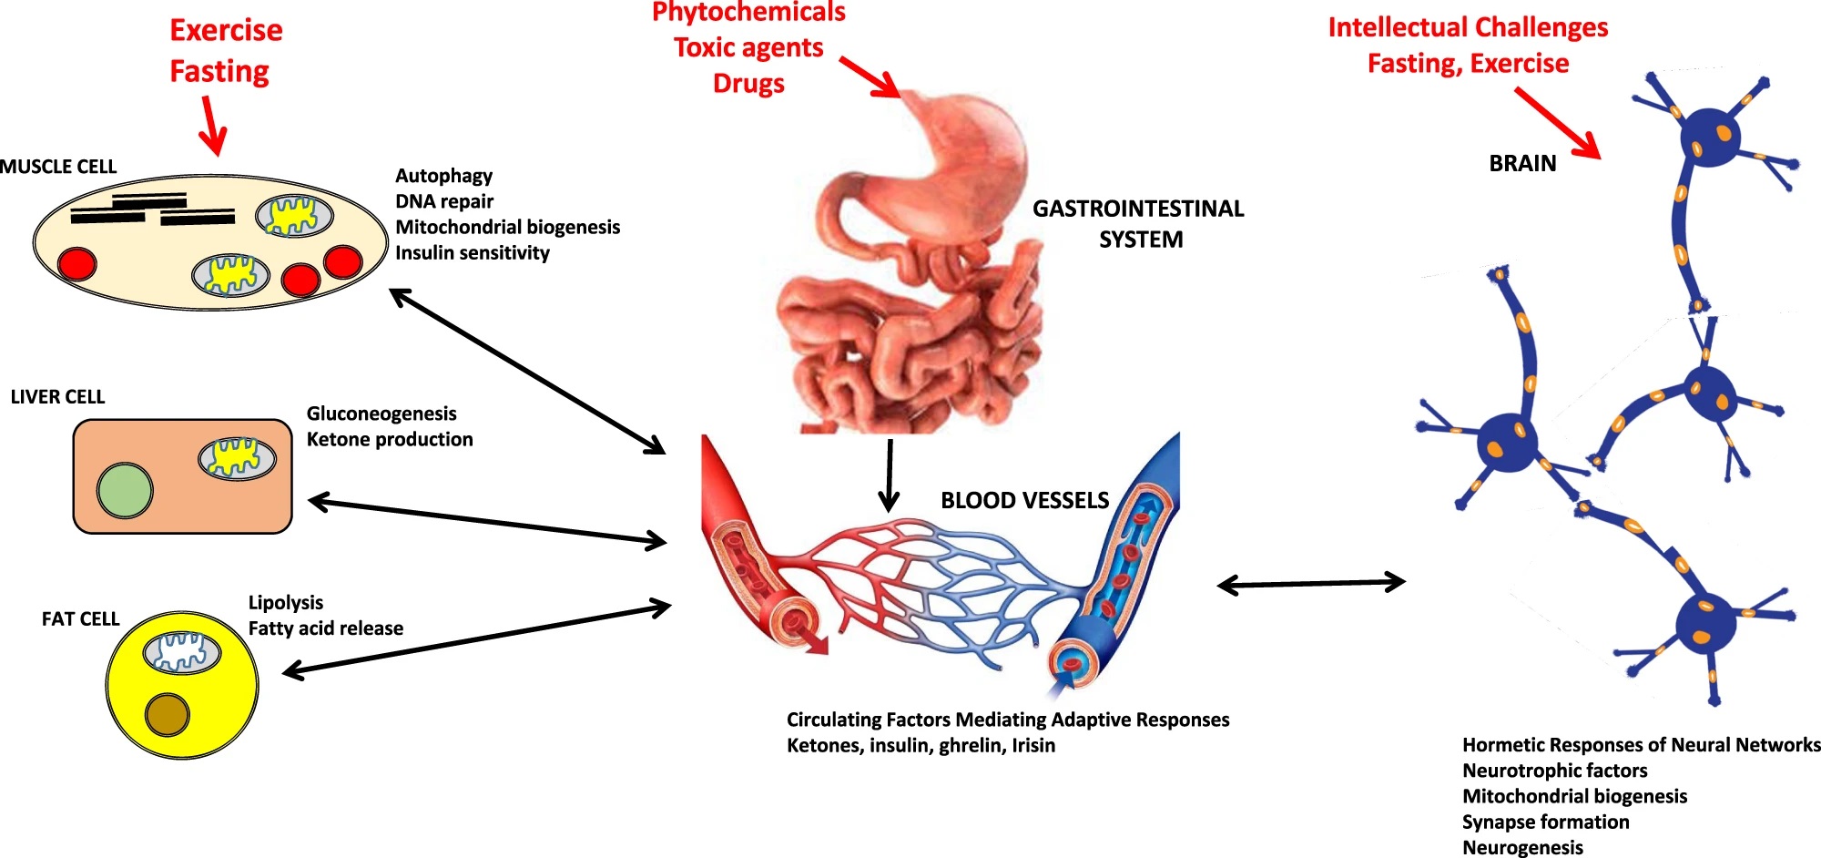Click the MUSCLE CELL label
pos(58,167)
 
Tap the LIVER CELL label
pos(57,397)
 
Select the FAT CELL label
pos(80,619)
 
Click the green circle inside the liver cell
pos(125,490)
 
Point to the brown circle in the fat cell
pos(168,715)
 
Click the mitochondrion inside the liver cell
pos(237,458)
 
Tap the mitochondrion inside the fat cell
pos(182,652)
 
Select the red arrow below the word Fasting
pos(212,128)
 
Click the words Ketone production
pos(390,440)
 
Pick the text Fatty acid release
pos(325,628)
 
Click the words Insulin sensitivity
pos(472,253)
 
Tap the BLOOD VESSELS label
pos(1024,501)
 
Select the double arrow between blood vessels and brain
pos(1311,583)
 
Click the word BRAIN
pos(1522,164)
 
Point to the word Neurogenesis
pos(1522,848)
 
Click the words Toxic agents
pos(748,47)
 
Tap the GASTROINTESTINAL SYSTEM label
pos(1138,224)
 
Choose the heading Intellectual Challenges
pos(1468,27)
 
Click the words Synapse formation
pos(1545,822)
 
